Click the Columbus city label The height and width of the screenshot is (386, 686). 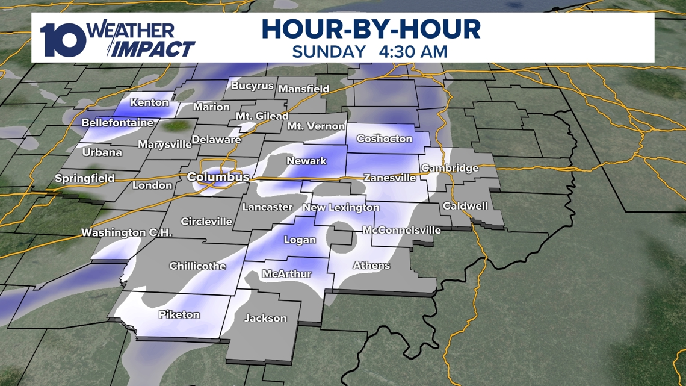click(218, 177)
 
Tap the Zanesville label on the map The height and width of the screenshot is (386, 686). click(389, 178)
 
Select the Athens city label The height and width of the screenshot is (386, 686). click(371, 265)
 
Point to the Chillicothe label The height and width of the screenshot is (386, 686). click(197, 266)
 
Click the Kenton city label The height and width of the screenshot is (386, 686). click(149, 102)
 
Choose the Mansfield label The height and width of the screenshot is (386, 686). click(304, 89)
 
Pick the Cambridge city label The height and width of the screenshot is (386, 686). click(450, 168)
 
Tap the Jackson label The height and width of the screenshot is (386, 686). click(265, 318)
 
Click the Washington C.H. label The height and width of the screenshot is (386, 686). click(127, 232)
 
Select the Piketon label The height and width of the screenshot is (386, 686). click(179, 314)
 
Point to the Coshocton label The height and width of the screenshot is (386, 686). click(385, 139)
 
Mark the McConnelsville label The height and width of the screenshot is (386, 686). click(401, 230)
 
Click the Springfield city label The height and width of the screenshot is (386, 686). click(84, 178)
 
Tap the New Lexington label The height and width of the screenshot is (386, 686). click(341, 207)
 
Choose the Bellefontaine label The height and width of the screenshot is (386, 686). click(117, 123)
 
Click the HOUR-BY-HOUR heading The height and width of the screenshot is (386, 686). click(371, 29)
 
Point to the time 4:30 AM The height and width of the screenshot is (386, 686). click(413, 51)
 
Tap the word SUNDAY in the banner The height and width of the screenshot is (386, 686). click(329, 51)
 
